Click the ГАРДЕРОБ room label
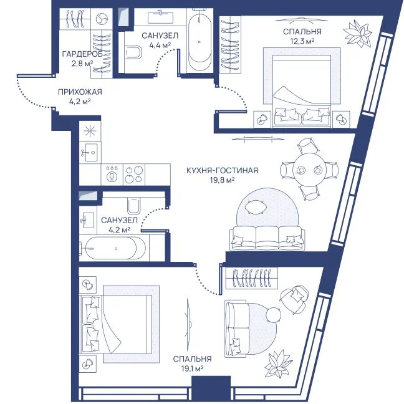(x=82, y=54)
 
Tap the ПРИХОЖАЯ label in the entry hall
(x=80, y=92)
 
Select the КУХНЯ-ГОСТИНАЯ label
(x=222, y=170)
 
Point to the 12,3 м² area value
(x=302, y=41)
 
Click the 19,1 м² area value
(x=192, y=368)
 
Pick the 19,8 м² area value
(x=222, y=180)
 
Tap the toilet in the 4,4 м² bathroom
(x=133, y=52)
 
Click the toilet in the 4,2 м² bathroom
(x=133, y=206)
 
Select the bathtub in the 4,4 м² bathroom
(x=200, y=41)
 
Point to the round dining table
(x=309, y=170)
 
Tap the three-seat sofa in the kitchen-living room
(x=267, y=238)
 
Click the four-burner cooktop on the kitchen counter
(x=134, y=175)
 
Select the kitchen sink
(x=90, y=152)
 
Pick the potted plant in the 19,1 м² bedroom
(x=279, y=363)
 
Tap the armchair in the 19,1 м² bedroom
(x=294, y=300)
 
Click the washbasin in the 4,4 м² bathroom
(x=160, y=17)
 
